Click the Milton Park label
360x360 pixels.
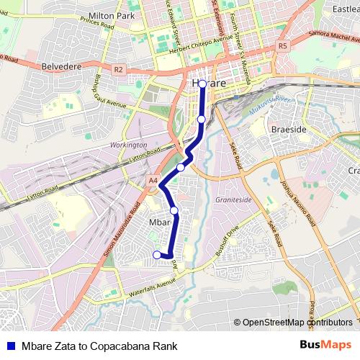[112, 15]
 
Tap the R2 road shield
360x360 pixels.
[119, 70]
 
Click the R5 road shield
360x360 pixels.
[282, 45]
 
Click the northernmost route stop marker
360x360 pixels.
[202, 84]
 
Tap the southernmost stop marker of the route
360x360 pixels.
[157, 254]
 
